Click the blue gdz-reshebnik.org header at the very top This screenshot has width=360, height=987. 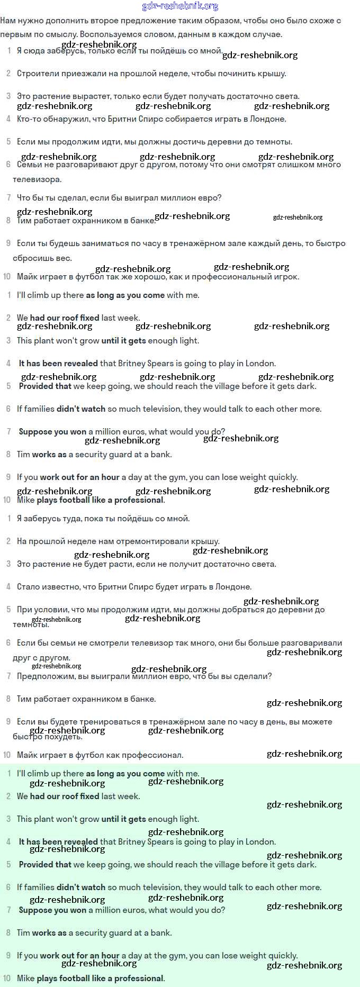pyautogui.click(x=180, y=6)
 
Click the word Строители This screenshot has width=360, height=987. pyautogui.click(x=36, y=74)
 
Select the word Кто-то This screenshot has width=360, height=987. pyautogui.click(x=30, y=119)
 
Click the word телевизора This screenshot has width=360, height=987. pyautogui.click(x=37, y=179)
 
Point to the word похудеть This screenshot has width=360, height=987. pyautogui.click(x=63, y=737)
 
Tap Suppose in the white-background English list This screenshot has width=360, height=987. pyautogui.click(x=35, y=432)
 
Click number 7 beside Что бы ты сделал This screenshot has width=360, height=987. pyautogui.click(x=8, y=198)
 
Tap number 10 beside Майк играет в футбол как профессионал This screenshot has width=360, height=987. pyautogui.click(x=7, y=755)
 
